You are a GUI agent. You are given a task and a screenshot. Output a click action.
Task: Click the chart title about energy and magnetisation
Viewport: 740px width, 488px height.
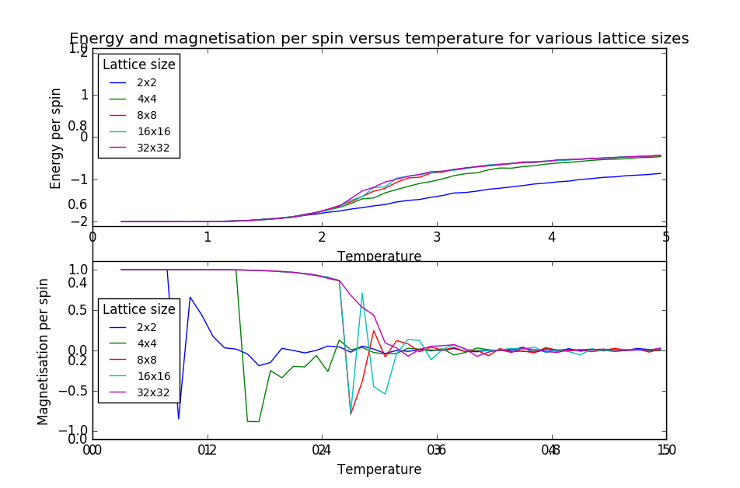(379, 39)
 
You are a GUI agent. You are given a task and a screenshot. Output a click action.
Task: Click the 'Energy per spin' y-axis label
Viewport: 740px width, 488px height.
(56, 138)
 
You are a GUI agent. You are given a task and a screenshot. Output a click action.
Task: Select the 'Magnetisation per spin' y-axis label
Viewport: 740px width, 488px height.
(44, 351)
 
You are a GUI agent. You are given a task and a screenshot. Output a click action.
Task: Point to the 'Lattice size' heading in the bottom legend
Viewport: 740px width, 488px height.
(139, 308)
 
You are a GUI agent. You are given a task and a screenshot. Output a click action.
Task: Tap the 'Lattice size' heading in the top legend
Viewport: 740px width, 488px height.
(139, 64)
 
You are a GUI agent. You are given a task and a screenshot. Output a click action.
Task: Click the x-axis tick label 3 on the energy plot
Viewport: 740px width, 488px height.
(437, 236)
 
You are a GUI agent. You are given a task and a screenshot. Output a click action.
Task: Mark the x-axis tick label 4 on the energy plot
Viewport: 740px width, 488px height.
(551, 236)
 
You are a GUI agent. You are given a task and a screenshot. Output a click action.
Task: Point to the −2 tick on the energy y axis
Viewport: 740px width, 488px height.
(79, 221)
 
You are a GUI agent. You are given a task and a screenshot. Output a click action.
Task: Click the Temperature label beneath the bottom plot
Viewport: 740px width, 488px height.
(379, 469)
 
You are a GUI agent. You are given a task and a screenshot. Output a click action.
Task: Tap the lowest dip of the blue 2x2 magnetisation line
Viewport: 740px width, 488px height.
(178, 419)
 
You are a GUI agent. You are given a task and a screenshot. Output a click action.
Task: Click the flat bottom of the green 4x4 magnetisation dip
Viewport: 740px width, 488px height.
(253, 421)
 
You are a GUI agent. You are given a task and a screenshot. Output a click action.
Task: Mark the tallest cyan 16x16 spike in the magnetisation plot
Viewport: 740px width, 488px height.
(362, 293)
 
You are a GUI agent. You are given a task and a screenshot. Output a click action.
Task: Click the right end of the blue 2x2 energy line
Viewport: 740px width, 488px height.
(660, 173)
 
